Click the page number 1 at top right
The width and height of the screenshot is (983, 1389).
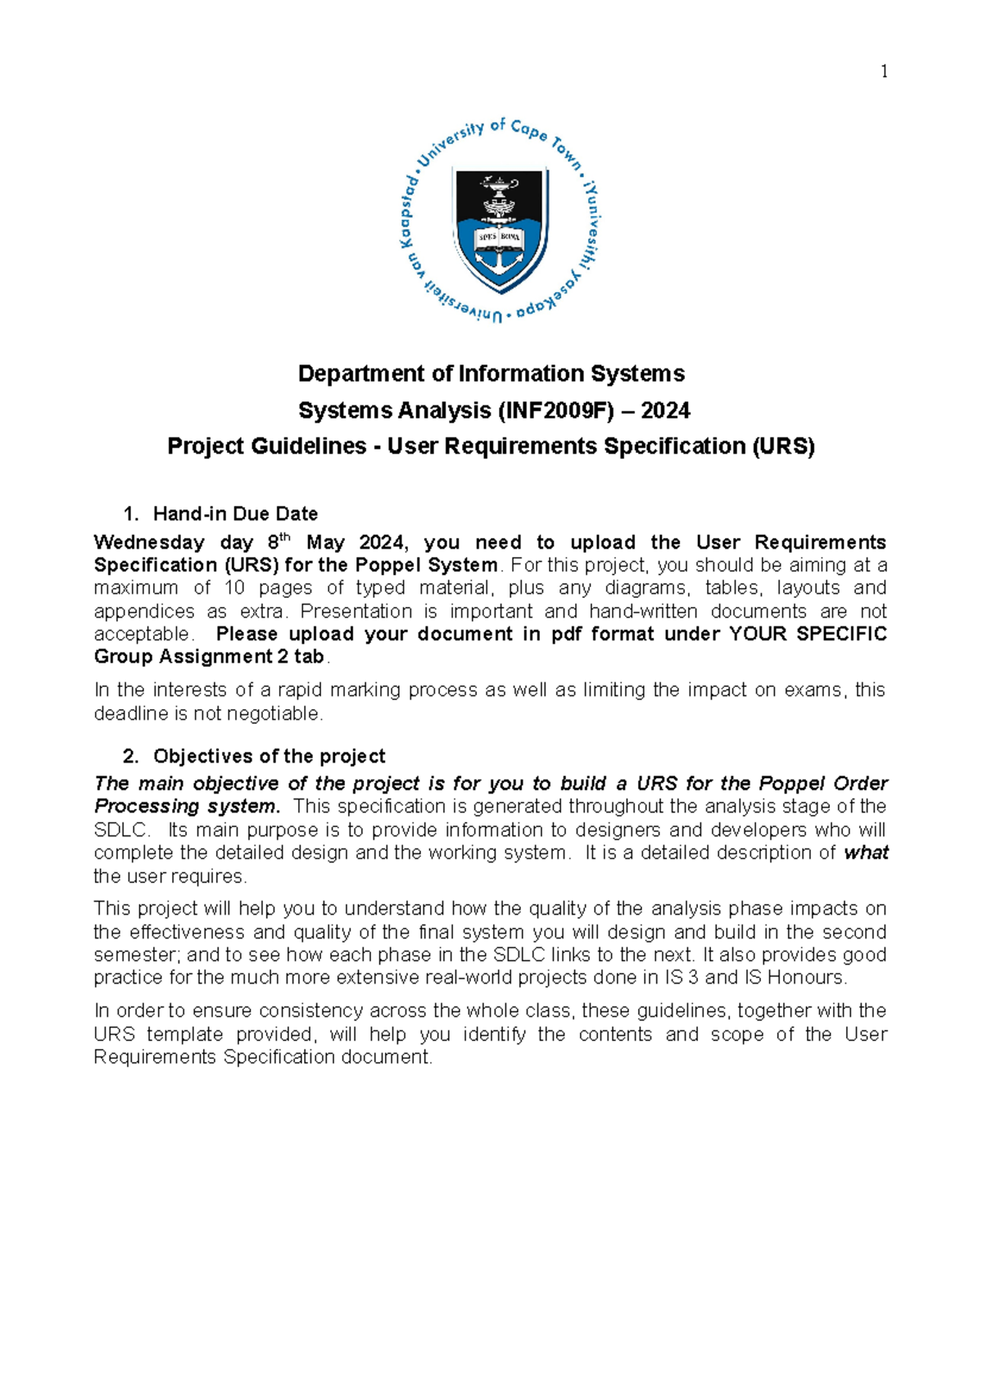(x=884, y=72)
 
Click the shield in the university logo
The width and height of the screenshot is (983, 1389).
(x=501, y=227)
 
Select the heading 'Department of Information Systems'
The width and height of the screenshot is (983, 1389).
(x=491, y=373)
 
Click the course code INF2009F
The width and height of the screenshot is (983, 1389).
(x=555, y=410)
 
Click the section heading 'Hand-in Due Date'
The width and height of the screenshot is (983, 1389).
(x=235, y=514)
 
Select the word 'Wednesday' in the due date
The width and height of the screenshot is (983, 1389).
(x=149, y=542)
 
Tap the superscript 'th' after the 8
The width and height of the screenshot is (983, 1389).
(x=285, y=537)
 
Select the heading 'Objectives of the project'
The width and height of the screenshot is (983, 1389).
(x=269, y=756)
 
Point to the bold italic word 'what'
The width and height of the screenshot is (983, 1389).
(x=866, y=853)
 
